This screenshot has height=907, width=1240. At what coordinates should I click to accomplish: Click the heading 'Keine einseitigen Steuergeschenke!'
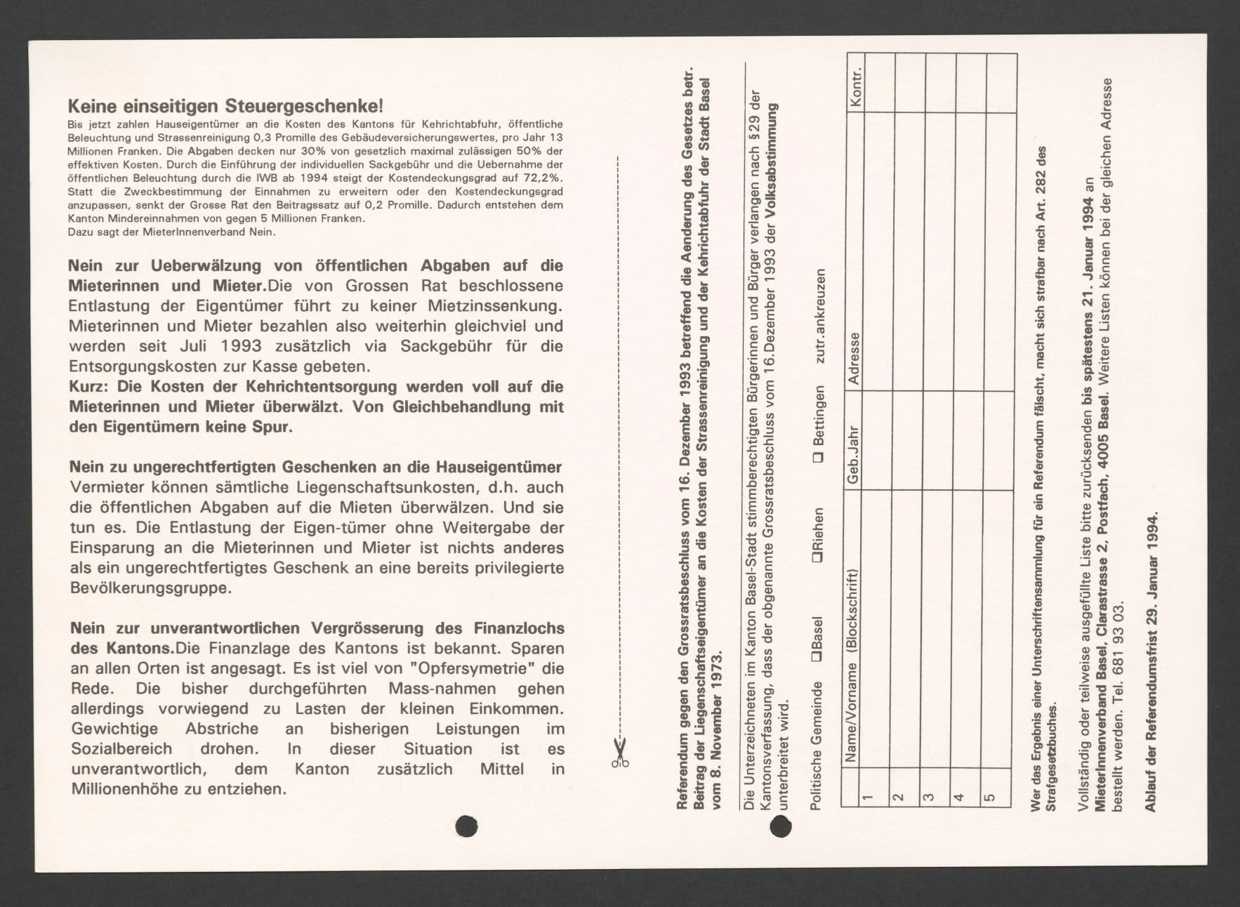click(x=225, y=107)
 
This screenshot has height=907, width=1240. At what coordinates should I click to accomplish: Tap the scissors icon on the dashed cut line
click(x=619, y=753)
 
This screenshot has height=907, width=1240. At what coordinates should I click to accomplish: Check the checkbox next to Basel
click(x=817, y=656)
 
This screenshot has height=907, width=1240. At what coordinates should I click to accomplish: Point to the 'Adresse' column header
click(x=854, y=358)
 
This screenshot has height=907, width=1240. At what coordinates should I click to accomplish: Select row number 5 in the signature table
click(x=990, y=797)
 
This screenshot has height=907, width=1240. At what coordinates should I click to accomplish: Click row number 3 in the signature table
click(x=928, y=797)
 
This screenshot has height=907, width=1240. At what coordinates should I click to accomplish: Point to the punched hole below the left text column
click(x=466, y=826)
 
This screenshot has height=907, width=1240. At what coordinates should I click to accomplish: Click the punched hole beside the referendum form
click(x=781, y=828)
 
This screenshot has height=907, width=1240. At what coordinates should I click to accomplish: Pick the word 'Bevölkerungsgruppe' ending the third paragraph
click(x=151, y=588)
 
